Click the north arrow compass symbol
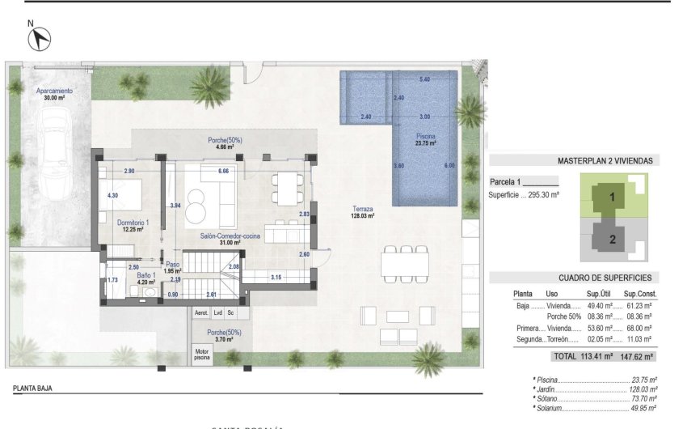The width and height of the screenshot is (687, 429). [x=41, y=37]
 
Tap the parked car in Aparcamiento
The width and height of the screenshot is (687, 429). [x=54, y=153]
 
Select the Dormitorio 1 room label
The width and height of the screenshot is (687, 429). [x=129, y=225]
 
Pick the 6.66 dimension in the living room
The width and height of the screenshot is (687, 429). [x=223, y=172]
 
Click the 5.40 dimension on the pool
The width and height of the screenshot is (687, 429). [x=424, y=79]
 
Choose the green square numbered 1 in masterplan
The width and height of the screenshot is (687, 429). [x=612, y=197]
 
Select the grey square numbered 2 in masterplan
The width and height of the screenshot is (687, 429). [x=612, y=238]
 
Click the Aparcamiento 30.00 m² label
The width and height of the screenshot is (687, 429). [x=55, y=95]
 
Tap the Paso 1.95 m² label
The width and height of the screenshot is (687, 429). [x=172, y=267]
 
